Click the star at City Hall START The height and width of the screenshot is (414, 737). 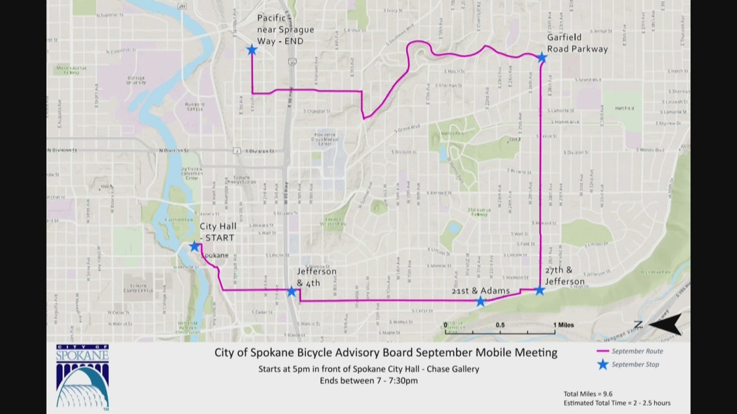(194, 246)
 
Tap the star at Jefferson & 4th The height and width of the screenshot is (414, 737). (292, 292)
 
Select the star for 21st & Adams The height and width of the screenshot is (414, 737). (480, 302)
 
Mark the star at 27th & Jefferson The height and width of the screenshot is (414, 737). (540, 290)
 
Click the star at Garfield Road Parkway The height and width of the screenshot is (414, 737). (542, 57)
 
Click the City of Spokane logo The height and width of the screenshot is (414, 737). (82, 377)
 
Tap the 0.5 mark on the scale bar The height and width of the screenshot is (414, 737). (500, 324)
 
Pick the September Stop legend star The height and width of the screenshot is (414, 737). (603, 364)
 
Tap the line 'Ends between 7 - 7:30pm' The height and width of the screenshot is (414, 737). (368, 380)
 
